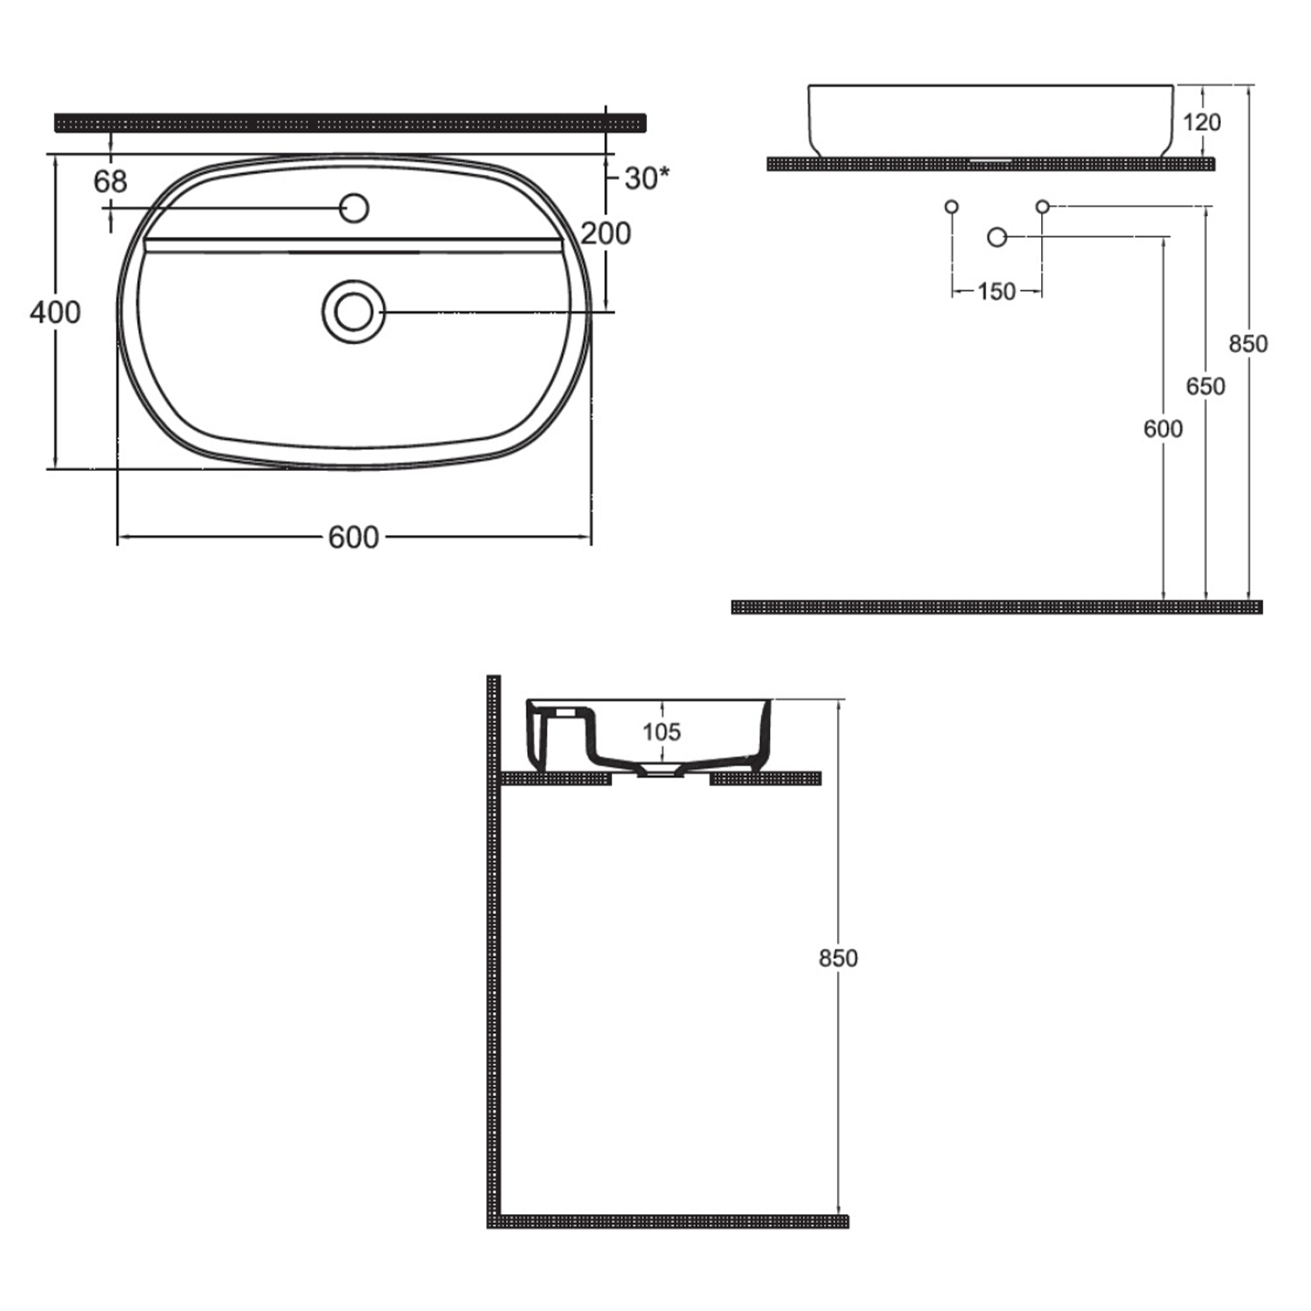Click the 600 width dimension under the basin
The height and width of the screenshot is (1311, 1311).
tap(354, 538)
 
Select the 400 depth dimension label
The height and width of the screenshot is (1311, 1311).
tap(55, 312)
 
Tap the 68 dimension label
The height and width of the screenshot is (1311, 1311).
tap(110, 182)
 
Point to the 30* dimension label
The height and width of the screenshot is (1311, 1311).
tap(647, 178)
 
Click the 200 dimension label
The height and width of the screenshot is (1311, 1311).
tap(606, 233)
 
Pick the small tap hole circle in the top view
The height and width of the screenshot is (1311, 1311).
tap(354, 208)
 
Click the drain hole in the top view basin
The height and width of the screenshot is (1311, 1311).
tap(353, 312)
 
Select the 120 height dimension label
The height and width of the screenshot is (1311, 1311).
tap(1202, 122)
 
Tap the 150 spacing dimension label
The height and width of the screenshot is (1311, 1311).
tap(996, 291)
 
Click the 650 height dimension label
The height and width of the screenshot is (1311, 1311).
tap(1205, 385)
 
